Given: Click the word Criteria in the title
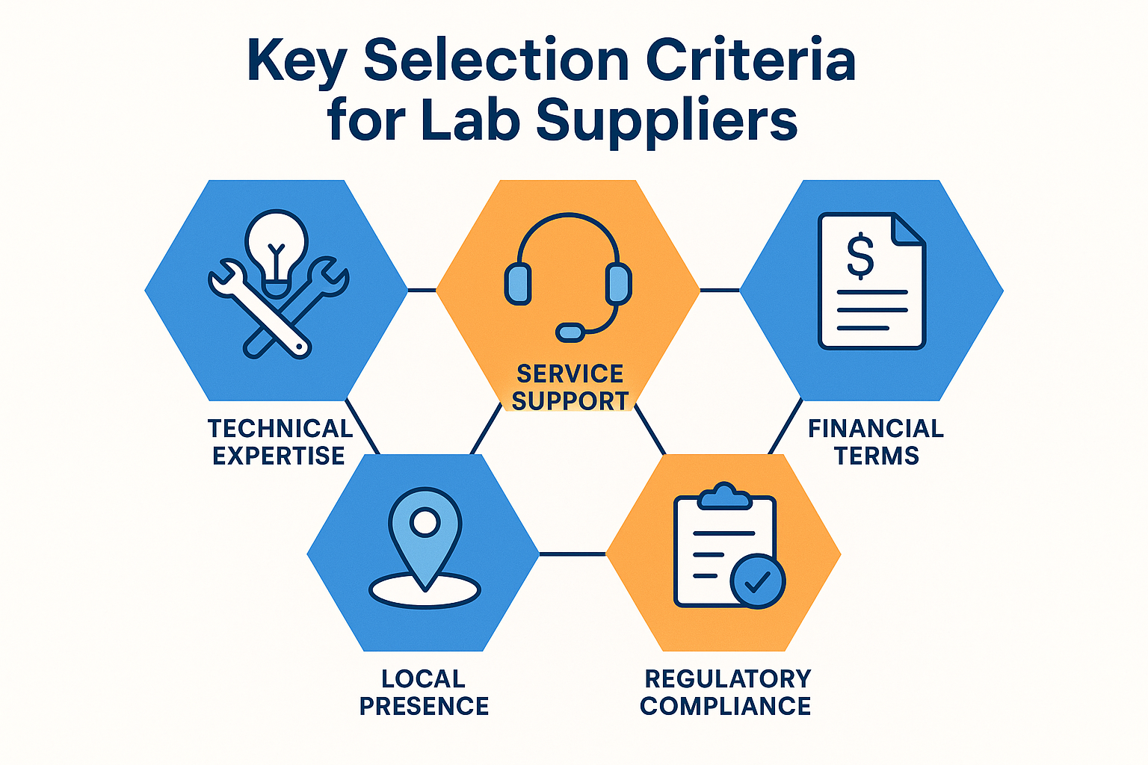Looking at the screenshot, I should [x=750, y=61].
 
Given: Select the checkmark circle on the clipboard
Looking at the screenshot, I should [x=758, y=581].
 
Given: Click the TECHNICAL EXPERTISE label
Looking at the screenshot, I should [x=280, y=442].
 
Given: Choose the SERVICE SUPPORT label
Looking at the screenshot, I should [x=570, y=387].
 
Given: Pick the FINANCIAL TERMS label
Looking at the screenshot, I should [x=876, y=442].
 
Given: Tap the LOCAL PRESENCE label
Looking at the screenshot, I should [x=424, y=693].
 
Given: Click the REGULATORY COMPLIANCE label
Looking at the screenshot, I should [x=726, y=693].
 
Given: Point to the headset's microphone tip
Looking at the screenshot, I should [x=571, y=332].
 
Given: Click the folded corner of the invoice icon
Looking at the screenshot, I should [x=909, y=229].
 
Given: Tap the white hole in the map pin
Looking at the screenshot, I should [x=425, y=522].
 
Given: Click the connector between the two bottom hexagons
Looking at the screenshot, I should [x=572, y=554].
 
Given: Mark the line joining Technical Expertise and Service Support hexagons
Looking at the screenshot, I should [x=422, y=290].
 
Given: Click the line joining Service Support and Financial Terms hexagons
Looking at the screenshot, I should [x=719, y=290].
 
